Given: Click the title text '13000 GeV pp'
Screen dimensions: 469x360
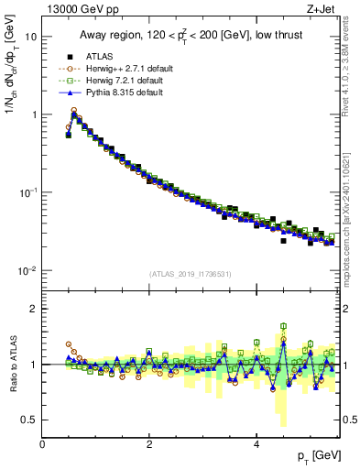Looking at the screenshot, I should click(76, 8).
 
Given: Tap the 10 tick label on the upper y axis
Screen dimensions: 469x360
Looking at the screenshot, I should click(30, 37).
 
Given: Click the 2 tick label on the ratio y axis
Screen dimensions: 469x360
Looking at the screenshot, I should click(34, 309).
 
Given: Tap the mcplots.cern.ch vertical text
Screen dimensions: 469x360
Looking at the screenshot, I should click(352, 211).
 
